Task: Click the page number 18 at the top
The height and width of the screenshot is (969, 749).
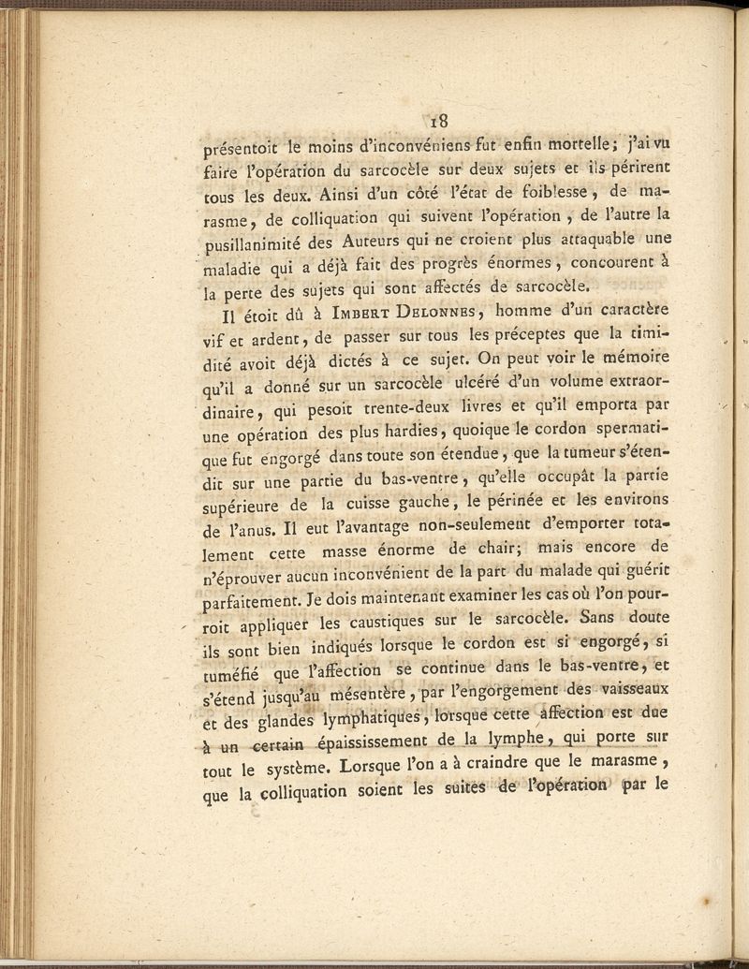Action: [438, 121]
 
